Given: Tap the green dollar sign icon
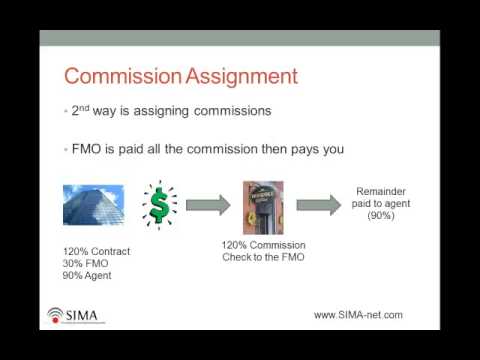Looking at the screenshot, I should (158, 204).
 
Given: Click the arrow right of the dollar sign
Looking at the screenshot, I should (208, 204).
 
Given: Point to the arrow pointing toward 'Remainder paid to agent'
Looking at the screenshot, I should (318, 204).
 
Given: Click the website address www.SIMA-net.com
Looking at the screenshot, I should (358, 314).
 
